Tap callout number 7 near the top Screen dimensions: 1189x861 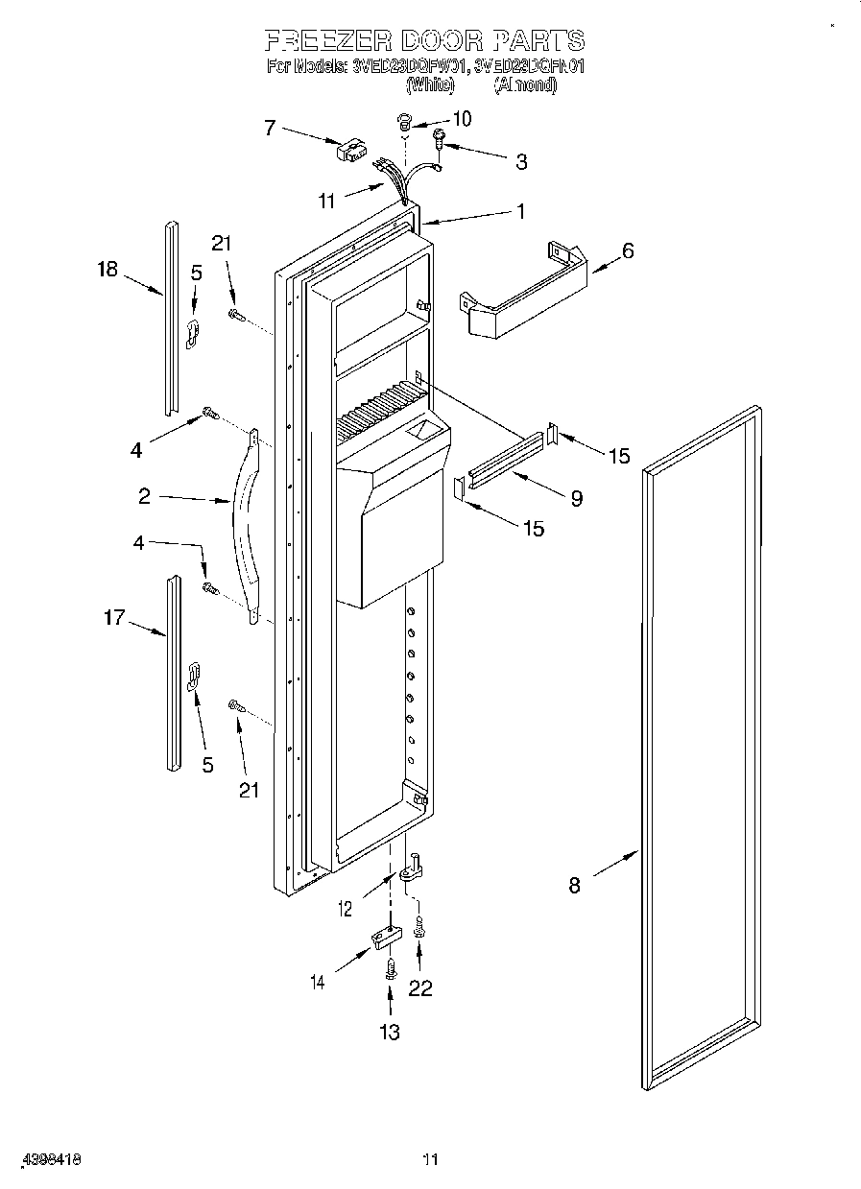click(270, 127)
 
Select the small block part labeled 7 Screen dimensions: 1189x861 click(347, 150)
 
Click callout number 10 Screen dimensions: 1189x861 click(462, 119)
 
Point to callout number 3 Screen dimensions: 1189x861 click(520, 162)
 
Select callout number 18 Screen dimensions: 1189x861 click(107, 270)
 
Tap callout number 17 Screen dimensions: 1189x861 click(113, 618)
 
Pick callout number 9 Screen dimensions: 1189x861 click(576, 498)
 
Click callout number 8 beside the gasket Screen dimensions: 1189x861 click(574, 886)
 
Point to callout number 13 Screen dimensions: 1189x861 click(389, 1032)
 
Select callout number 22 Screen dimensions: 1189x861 click(420, 988)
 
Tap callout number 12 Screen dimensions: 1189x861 click(347, 908)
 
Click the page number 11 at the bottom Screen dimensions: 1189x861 click(431, 1160)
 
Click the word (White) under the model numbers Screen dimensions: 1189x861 click(429, 85)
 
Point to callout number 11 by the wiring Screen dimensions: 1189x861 click(327, 202)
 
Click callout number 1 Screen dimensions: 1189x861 click(521, 212)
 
